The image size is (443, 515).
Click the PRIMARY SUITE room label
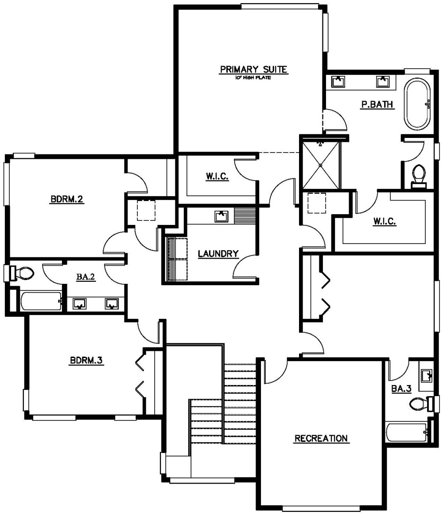click(253, 69)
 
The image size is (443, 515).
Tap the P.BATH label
click(377, 104)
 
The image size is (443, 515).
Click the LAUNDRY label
click(218, 254)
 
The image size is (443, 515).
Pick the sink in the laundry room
click(221, 216)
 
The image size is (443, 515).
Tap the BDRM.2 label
click(66, 199)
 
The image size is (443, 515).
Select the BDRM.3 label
click(86, 360)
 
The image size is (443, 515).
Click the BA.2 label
click(85, 277)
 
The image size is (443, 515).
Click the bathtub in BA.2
click(41, 301)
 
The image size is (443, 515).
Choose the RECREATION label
click(321, 438)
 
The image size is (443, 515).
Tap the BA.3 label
click(401, 389)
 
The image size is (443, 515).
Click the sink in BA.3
click(427, 375)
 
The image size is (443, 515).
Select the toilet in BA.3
click(422, 404)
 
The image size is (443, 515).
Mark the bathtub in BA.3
click(407, 432)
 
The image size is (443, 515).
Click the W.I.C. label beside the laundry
click(217, 177)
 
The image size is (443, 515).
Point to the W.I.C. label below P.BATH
click(385, 221)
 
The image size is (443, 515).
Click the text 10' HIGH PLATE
click(253, 78)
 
